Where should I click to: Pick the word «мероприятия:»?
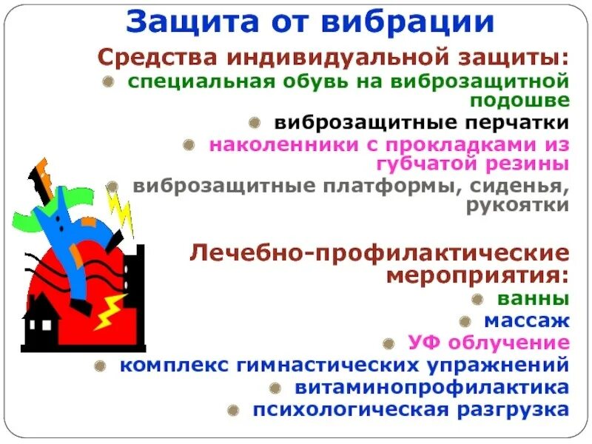coord(477,275)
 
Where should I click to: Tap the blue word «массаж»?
coord(527,321)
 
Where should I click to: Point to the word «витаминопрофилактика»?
coord(432,387)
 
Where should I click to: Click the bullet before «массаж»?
coord(465,322)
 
